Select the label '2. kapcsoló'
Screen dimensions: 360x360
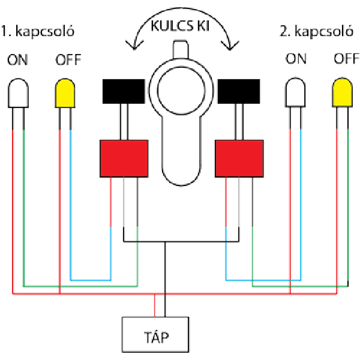(x=315, y=30)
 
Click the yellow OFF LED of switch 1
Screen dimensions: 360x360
(x=65, y=95)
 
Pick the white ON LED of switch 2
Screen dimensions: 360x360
(x=295, y=94)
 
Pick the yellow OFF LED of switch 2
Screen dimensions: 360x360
(x=342, y=94)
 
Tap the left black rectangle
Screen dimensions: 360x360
(x=124, y=91)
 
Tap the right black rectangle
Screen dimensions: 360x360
(x=238, y=91)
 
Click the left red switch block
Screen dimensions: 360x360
(x=124, y=158)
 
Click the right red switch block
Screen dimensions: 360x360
(x=239, y=158)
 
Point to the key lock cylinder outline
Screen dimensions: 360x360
(x=181, y=120)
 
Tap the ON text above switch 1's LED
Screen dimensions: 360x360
(x=17, y=60)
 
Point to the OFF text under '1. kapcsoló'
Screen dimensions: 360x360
(x=68, y=60)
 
